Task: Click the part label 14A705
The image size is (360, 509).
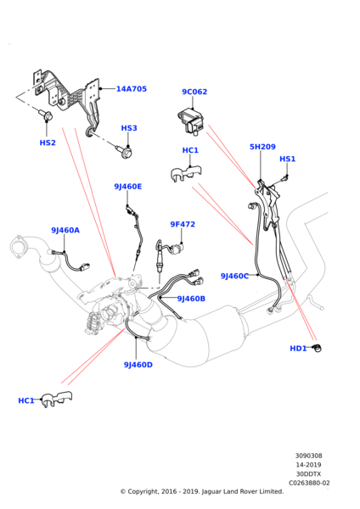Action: pyautogui.click(x=132, y=88)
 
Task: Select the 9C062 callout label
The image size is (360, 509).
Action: pyautogui.click(x=194, y=92)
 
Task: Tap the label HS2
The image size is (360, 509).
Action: pyautogui.click(x=48, y=143)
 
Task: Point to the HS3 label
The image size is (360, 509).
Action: pyautogui.click(x=129, y=128)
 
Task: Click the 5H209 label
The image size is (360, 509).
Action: pyautogui.click(x=262, y=147)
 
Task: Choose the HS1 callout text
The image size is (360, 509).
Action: pyautogui.click(x=288, y=159)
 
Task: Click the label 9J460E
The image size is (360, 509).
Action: pyautogui.click(x=128, y=187)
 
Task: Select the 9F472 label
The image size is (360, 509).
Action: pyautogui.click(x=183, y=224)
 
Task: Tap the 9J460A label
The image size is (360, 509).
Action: pyautogui.click(x=65, y=230)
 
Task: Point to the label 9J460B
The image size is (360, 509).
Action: pyautogui.click(x=191, y=299)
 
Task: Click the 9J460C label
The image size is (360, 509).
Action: pyautogui.click(x=234, y=276)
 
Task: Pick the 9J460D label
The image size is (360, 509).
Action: pyautogui.click(x=138, y=365)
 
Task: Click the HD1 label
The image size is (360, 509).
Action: pyautogui.click(x=298, y=349)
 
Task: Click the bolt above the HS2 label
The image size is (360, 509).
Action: pyautogui.click(x=46, y=115)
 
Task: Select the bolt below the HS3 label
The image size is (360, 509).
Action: pyautogui.click(x=125, y=151)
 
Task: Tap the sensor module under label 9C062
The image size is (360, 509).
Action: pyautogui.click(x=190, y=122)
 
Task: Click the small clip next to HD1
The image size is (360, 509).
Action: pyautogui.click(x=317, y=347)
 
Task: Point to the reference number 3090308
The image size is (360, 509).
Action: pyautogui.click(x=309, y=456)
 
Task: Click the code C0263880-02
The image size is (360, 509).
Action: pyautogui.click(x=309, y=483)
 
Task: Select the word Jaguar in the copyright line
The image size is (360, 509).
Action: pyautogui.click(x=212, y=491)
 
